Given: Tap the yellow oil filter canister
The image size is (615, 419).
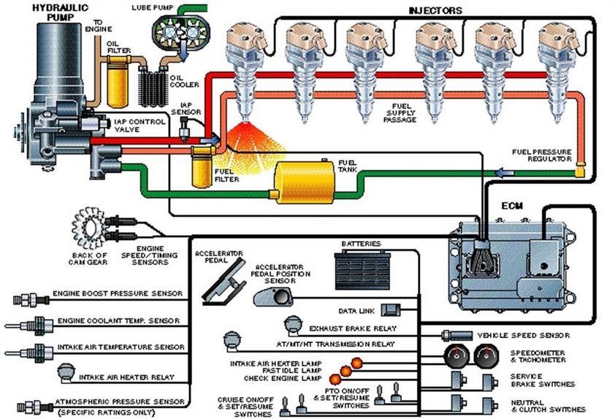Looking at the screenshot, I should click(x=117, y=85).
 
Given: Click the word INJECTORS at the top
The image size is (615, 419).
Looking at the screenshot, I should click(x=436, y=9).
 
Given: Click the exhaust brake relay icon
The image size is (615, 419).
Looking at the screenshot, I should click(x=293, y=324).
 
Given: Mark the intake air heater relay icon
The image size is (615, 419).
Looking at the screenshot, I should click(x=66, y=376).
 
